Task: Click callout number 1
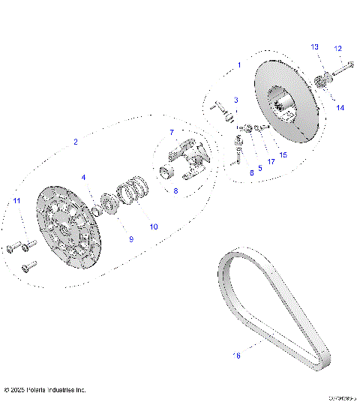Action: point(238,65)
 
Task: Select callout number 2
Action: point(75,142)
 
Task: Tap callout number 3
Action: point(235,100)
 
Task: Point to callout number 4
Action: point(84,177)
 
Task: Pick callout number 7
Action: point(171,132)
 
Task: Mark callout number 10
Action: point(154,226)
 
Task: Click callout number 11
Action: point(16,199)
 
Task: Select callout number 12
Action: point(337,48)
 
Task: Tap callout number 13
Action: point(314,47)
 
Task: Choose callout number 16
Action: point(238,355)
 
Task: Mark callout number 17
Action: point(271,161)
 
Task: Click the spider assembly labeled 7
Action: point(187,158)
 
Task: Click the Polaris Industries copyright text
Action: point(45,390)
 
